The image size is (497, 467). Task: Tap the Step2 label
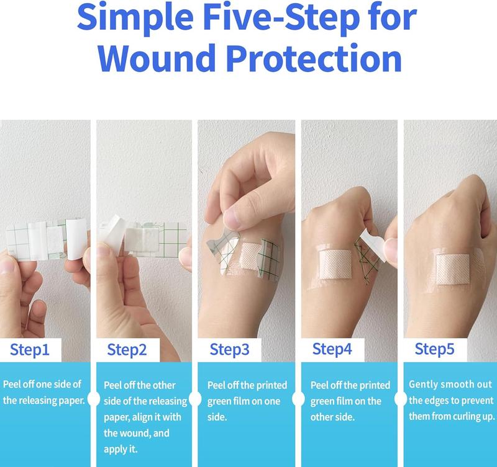tap(127, 349)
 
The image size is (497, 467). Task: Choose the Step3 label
tap(229, 349)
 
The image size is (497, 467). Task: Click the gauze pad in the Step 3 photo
tap(252, 256)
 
